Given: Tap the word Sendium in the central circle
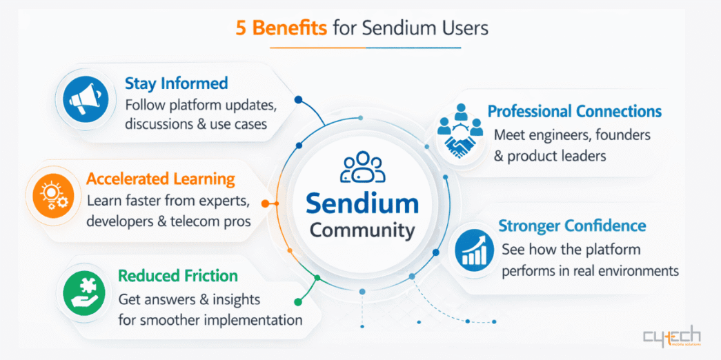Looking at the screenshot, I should pyautogui.click(x=362, y=204).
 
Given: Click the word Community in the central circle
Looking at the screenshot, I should pyautogui.click(x=362, y=230).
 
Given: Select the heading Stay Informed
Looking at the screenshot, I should pyautogui.click(x=176, y=83).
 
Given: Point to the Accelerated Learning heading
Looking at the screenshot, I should pyautogui.click(x=160, y=179).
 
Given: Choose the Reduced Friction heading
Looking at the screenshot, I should pyautogui.click(x=178, y=276).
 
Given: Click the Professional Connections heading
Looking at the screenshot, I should pyautogui.click(x=574, y=111).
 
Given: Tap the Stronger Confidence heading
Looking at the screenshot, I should pyautogui.click(x=572, y=226).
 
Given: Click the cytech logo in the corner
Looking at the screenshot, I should pyautogui.click(x=671, y=337).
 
